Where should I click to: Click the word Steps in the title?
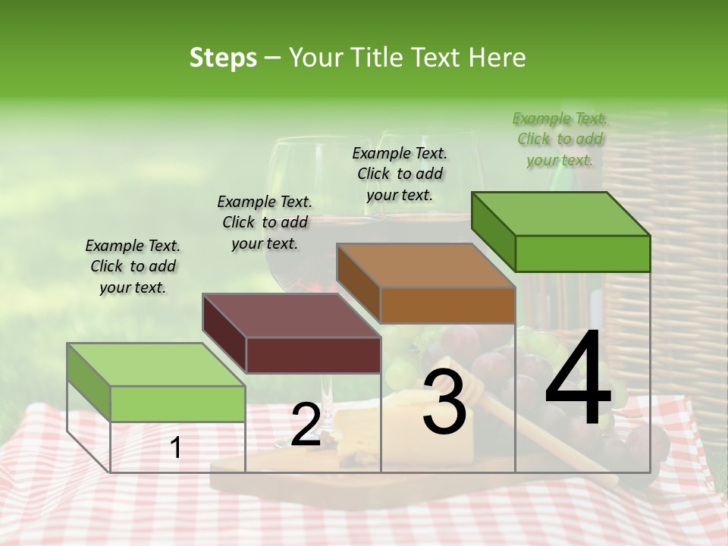click(x=223, y=58)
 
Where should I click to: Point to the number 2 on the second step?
click(x=306, y=425)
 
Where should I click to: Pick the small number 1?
click(x=176, y=448)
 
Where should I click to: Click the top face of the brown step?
click(x=425, y=266)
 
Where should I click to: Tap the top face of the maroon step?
click(x=291, y=315)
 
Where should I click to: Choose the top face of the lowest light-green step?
click(x=156, y=365)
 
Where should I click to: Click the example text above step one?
click(x=133, y=266)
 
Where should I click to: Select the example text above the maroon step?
click(x=265, y=222)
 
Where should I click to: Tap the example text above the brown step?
click(x=400, y=174)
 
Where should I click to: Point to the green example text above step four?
click(x=560, y=139)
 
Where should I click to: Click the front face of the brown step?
click(x=447, y=305)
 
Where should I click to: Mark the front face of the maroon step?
click(x=313, y=355)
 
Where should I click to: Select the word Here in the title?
click(x=497, y=58)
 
